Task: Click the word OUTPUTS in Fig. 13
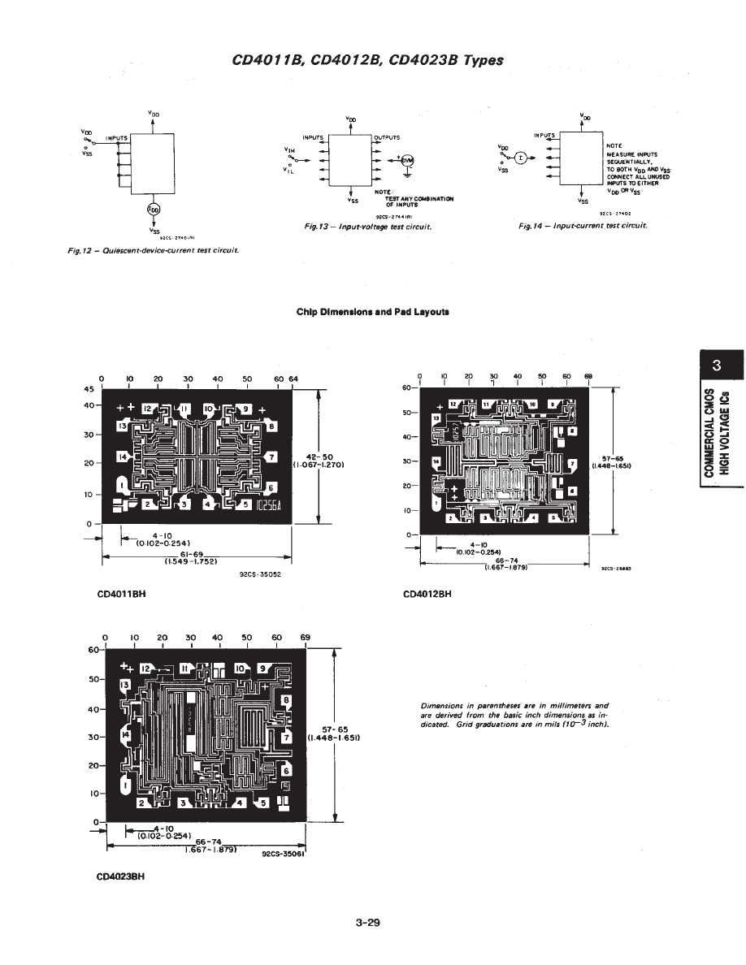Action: tap(387, 137)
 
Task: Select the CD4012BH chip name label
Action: tap(427, 594)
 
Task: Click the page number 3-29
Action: tap(367, 923)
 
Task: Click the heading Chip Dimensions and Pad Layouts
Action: tap(372, 311)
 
